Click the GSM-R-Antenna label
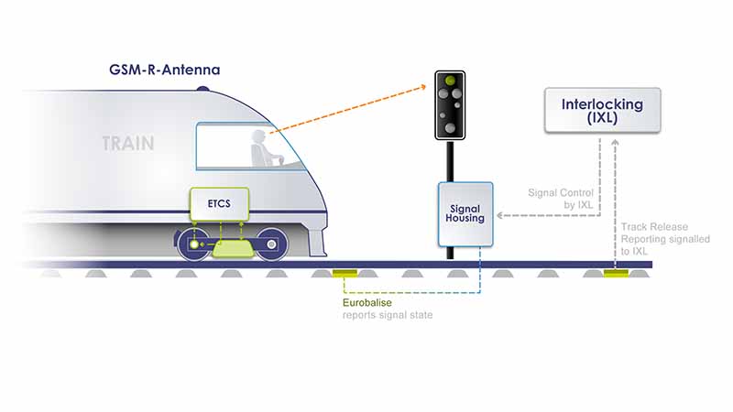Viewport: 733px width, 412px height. (165, 70)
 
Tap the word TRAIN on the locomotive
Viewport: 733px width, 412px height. (127, 144)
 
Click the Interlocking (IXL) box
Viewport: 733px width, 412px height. (602, 111)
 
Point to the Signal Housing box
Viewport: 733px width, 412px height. (465, 214)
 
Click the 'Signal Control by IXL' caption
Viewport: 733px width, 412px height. (560, 200)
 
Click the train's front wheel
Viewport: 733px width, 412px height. (269, 244)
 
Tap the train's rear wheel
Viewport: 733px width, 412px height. (193, 244)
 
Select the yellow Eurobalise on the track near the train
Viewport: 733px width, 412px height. (345, 272)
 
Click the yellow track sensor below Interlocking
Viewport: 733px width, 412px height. (615, 272)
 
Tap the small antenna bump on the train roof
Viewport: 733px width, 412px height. (202, 88)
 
